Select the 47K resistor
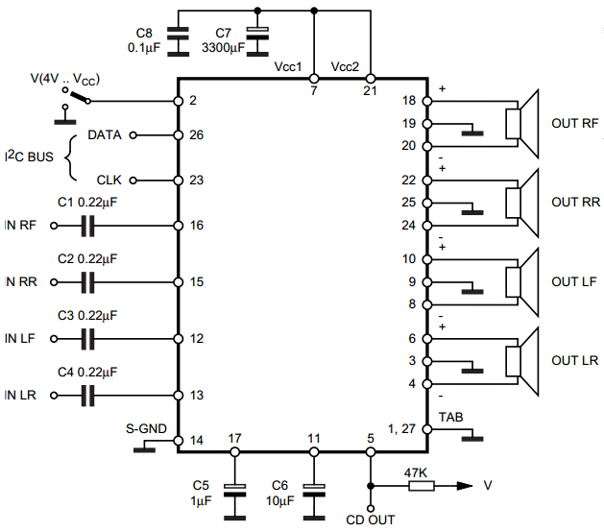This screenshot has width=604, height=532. point(421,486)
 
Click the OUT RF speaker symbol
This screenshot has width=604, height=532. point(522,124)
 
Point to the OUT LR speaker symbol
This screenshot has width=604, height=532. point(522,361)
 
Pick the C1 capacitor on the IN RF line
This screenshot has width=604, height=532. point(87,226)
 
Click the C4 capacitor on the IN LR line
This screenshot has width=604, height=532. point(87,396)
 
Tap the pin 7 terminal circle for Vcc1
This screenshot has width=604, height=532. point(314,79)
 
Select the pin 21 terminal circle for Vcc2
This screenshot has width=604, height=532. point(371,79)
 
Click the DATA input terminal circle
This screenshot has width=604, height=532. point(133,135)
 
